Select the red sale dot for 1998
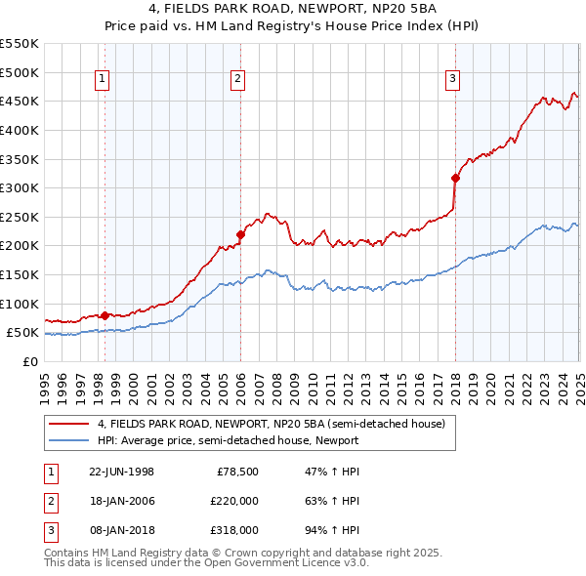click(x=105, y=315)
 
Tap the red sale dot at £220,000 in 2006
click(x=240, y=234)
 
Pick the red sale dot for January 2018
click(x=455, y=178)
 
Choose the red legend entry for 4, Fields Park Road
click(x=271, y=424)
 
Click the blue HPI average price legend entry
click(x=228, y=440)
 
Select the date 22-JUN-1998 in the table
click(x=121, y=471)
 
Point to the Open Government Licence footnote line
click(x=206, y=563)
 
